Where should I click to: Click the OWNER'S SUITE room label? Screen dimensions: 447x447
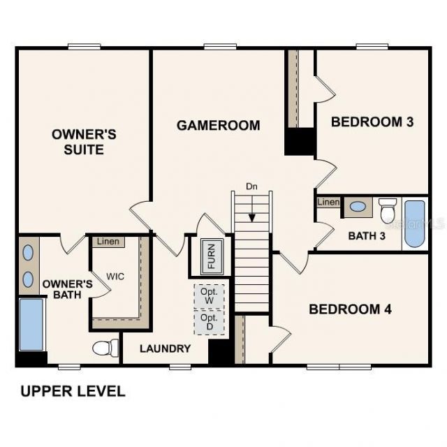click(x=84, y=142)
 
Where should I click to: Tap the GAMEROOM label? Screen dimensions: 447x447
click(x=218, y=126)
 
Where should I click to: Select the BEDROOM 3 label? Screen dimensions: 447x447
click(x=372, y=122)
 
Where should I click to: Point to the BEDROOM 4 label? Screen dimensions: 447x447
click(x=350, y=309)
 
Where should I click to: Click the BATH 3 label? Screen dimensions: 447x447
click(x=367, y=235)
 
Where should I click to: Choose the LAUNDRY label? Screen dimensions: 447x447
click(x=165, y=349)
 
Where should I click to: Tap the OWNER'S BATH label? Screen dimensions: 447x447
click(x=67, y=289)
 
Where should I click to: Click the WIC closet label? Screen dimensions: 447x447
click(x=115, y=276)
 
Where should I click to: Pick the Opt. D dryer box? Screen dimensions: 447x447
click(x=209, y=322)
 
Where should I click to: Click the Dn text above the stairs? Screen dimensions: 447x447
click(x=251, y=186)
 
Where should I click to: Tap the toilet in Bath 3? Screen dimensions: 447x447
click(x=388, y=210)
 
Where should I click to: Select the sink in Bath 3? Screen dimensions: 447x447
click(x=357, y=207)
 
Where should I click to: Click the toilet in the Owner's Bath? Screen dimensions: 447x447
click(x=105, y=348)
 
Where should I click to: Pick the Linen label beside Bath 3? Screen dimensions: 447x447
click(x=328, y=203)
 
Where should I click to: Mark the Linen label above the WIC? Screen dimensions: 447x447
click(x=107, y=242)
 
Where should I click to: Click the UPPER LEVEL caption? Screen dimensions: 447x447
click(x=73, y=391)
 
